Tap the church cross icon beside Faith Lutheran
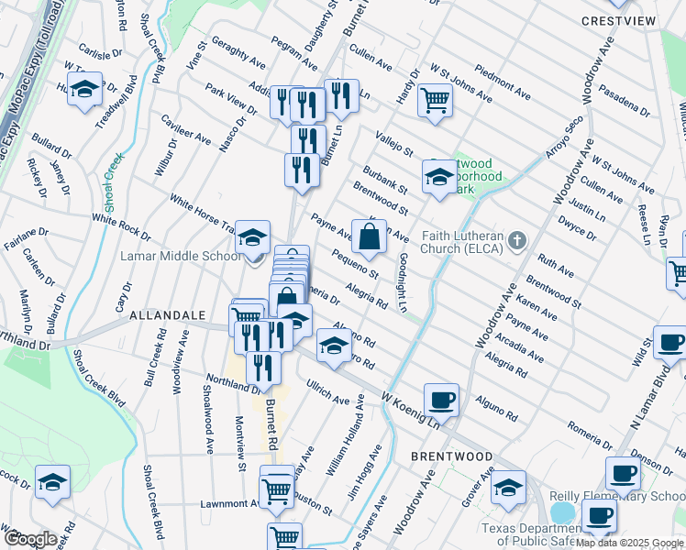point(517,242)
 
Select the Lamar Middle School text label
point(181,257)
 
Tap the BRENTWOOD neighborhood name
point(451,456)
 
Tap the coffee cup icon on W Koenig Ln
point(441,400)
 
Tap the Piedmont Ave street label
point(503,82)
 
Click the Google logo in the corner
point(29,538)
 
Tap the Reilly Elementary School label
point(616,496)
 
